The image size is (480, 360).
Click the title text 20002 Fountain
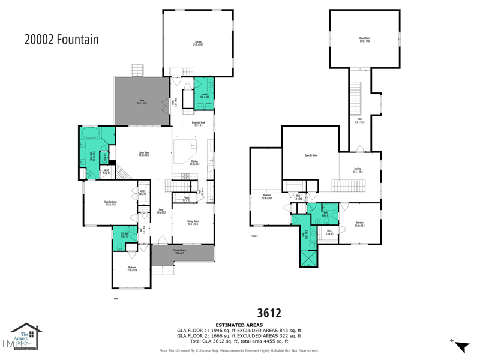coord(61,40)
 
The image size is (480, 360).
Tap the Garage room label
coord(198,43)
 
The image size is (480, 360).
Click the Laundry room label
coord(204,95)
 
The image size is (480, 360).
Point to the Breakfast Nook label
coord(198,124)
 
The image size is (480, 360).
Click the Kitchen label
coord(194,162)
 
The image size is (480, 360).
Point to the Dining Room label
coord(193,223)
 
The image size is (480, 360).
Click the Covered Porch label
coord(179,251)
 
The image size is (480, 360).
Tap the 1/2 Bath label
coord(125,235)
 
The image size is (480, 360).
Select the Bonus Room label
coord(364,40)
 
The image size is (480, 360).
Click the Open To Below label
coord(311,155)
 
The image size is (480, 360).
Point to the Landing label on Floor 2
coord(358,170)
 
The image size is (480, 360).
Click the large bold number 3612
coord(269,313)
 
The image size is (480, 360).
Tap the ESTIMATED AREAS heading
coord(239,325)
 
